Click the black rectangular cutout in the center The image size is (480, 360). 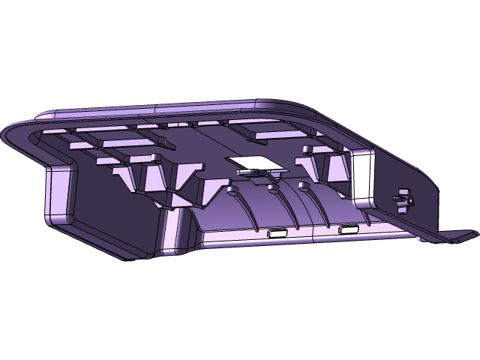coord(250,163)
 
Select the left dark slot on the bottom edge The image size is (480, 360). coord(277,234)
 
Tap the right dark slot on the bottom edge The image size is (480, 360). coord(347,229)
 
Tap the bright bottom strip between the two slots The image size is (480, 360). coord(311,232)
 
